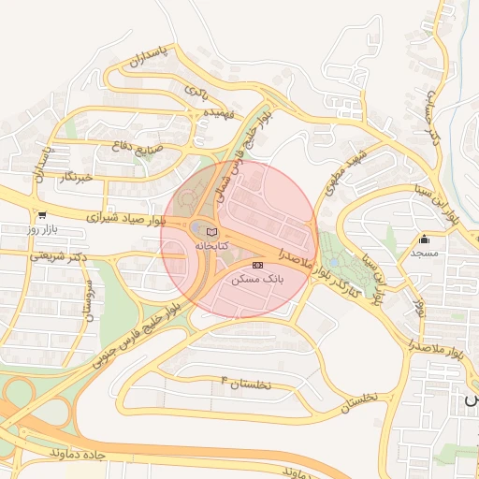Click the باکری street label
[196, 91]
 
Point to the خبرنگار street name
[74, 176]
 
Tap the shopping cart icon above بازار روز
[42, 214]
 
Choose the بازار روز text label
[42, 228]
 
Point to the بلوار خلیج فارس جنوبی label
[141, 327]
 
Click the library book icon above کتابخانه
[210, 231]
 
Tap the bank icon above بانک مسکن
[257, 266]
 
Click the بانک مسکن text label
[259, 279]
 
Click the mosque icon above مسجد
[424, 239]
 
